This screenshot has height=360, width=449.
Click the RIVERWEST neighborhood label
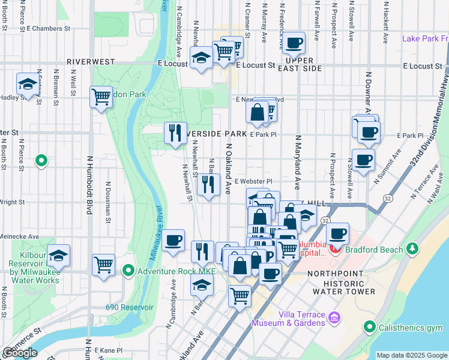pos(90,62)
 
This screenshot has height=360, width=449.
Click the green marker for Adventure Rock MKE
pos(128,271)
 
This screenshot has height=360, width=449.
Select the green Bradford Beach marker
pos(412,248)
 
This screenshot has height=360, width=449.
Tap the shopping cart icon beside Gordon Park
pos(101,96)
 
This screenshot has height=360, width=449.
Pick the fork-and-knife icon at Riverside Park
pos(175,132)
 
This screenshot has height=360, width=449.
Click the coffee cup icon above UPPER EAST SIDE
pos(294,43)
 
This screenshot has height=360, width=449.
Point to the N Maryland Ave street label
pos(297,162)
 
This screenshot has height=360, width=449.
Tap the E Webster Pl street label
pos(253,181)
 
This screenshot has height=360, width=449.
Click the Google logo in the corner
pos(20,353)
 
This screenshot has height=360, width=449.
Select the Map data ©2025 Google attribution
pos(411,355)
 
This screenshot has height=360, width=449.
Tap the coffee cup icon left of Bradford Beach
pos(338,233)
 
